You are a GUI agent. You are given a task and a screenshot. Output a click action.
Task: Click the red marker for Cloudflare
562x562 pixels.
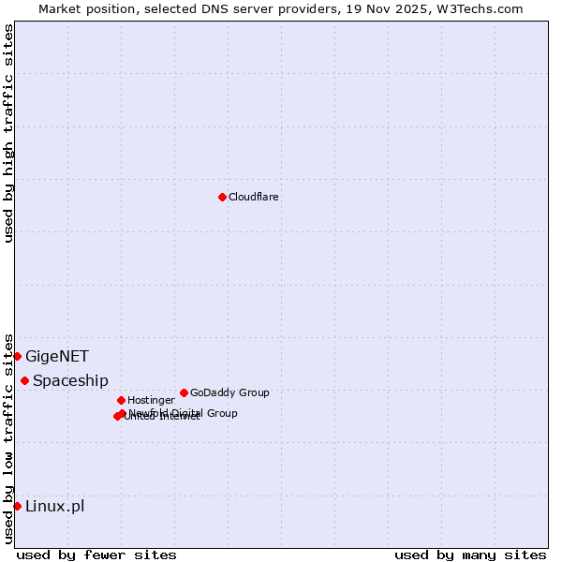point(222,197)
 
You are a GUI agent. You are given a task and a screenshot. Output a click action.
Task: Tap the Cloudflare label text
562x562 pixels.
point(253,197)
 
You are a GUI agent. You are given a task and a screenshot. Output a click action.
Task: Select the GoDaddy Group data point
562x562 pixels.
point(184,392)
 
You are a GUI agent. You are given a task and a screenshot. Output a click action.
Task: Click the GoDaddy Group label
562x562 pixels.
point(229,392)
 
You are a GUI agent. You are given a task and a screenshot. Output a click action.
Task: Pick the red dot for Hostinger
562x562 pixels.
point(121,400)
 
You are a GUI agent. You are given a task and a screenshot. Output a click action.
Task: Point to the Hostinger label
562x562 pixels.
point(151,400)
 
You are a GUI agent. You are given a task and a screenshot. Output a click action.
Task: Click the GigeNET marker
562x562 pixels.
point(17,356)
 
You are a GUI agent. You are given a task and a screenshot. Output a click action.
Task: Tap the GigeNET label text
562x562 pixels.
point(57,356)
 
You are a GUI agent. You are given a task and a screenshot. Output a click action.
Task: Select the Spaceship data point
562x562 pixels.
point(24,380)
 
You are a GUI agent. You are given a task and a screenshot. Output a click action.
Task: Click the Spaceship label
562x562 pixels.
point(70,380)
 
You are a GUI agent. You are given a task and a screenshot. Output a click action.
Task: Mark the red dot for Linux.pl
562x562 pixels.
point(17,506)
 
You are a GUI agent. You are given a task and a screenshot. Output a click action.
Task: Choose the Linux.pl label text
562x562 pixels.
point(54,506)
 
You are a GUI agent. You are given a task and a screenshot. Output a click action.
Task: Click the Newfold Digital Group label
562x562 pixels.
point(184,413)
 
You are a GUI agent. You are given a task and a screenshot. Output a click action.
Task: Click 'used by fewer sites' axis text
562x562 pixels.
point(96,555)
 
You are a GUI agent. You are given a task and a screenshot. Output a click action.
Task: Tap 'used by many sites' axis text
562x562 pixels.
point(470,555)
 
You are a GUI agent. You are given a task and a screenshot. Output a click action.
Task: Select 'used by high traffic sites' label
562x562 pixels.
point(8,133)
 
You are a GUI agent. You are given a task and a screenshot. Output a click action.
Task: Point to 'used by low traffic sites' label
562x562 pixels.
point(8,437)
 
